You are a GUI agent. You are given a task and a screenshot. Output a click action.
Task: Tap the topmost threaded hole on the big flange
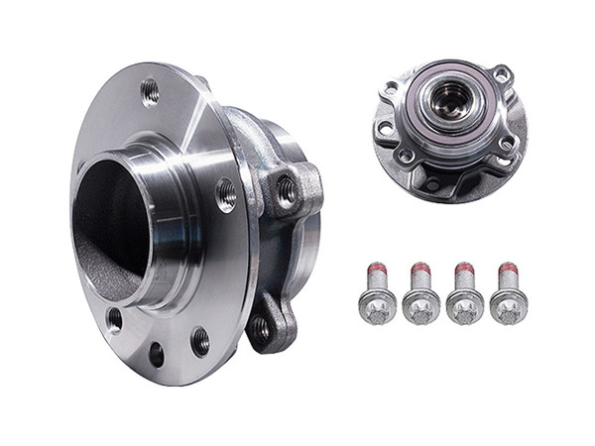coord(150,91)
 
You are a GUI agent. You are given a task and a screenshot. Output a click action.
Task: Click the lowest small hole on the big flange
coord(156,352)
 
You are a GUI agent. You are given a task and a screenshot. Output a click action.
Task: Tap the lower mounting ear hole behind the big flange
coord(261,326)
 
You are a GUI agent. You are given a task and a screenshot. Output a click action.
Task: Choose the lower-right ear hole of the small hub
coord(507,145)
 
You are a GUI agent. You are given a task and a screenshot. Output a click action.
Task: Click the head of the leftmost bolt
coord(377,306)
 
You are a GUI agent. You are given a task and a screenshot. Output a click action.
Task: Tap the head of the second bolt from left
coord(422,306)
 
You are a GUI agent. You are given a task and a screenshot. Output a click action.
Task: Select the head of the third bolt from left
coord(466,306)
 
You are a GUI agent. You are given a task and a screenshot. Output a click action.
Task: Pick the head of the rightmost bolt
coord(510,306)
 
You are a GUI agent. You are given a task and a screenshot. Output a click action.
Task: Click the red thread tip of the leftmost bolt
coord(376,269)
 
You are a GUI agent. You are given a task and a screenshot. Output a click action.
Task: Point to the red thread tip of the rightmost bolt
coord(509,269)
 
